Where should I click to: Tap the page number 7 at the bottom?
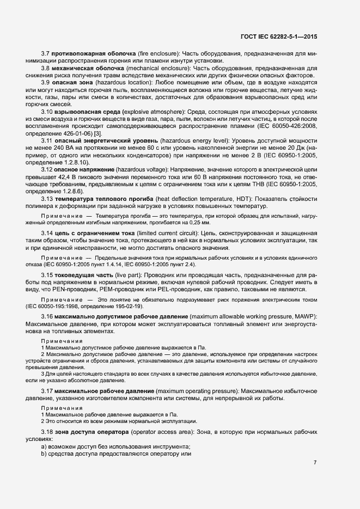[315, 463]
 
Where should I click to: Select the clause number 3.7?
[46, 53]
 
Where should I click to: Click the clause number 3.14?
[47, 234]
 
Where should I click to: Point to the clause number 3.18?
[47, 432]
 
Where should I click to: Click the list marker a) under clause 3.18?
[43, 446]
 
